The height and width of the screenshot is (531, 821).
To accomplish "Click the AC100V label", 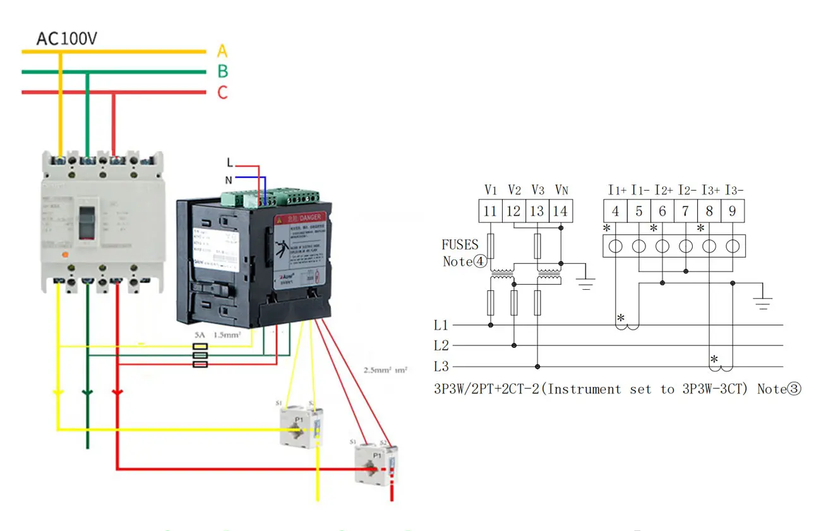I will pos(66,39).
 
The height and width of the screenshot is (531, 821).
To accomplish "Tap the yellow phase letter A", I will pos(222,51).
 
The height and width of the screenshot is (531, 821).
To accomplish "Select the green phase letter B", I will pos(222,71).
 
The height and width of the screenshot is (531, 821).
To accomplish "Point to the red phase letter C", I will pos(222,93).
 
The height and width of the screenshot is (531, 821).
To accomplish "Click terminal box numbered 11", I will pos(490,211).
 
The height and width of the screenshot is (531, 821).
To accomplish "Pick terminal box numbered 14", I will pos(560,211).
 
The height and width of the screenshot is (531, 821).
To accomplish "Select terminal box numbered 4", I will pos(615,211).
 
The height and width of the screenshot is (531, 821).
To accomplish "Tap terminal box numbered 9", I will pos(732,211).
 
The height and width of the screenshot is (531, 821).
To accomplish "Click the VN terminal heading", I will pos(561,189).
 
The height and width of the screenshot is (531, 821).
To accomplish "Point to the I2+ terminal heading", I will pos(664,189).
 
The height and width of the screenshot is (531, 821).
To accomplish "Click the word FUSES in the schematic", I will pos(460,244).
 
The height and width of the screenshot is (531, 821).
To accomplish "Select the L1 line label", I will pos(441,325).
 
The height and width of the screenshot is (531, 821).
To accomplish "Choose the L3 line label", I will pos(441,366).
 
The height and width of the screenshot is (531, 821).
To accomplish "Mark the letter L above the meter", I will pos(229,164).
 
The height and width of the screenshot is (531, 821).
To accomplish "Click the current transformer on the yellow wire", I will pos(301,426).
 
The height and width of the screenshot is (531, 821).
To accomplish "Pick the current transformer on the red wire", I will pos(376,465).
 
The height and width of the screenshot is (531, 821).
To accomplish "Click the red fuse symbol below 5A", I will pos(200,364).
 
